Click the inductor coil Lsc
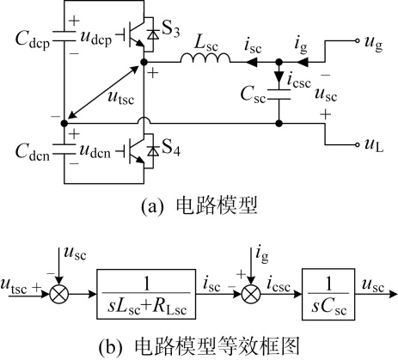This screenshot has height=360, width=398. [x=205, y=58]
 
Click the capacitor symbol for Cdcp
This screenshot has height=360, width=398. [x=64, y=36]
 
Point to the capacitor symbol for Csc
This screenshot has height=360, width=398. [x=279, y=95]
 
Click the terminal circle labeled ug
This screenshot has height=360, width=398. [x=357, y=41]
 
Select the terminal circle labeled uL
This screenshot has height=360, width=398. [x=357, y=144]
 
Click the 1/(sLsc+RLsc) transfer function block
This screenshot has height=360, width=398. [x=146, y=294]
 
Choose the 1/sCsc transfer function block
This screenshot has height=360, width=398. [x=328, y=294]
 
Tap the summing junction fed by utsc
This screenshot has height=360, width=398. [x=59, y=294]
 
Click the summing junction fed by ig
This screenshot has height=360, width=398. [x=251, y=294]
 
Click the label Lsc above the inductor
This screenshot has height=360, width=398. [x=205, y=44]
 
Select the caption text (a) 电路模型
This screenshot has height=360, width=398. [x=199, y=205]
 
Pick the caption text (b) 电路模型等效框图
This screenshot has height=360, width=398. [x=199, y=346]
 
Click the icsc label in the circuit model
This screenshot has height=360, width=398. [x=299, y=81]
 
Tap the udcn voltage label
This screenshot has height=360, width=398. [x=95, y=151]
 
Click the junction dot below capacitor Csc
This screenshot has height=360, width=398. [x=279, y=124]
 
